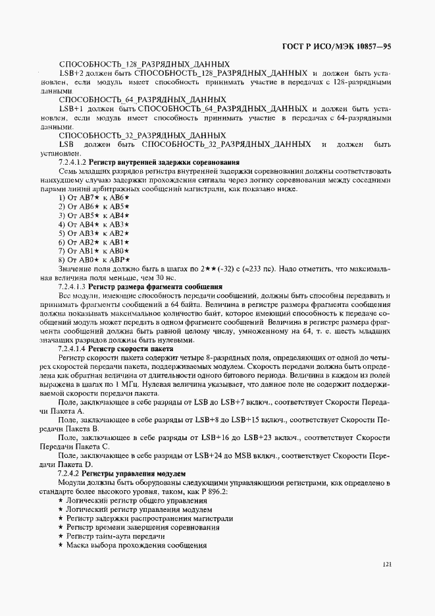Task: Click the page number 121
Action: pos(386,564)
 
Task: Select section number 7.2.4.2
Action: pos(69,474)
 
